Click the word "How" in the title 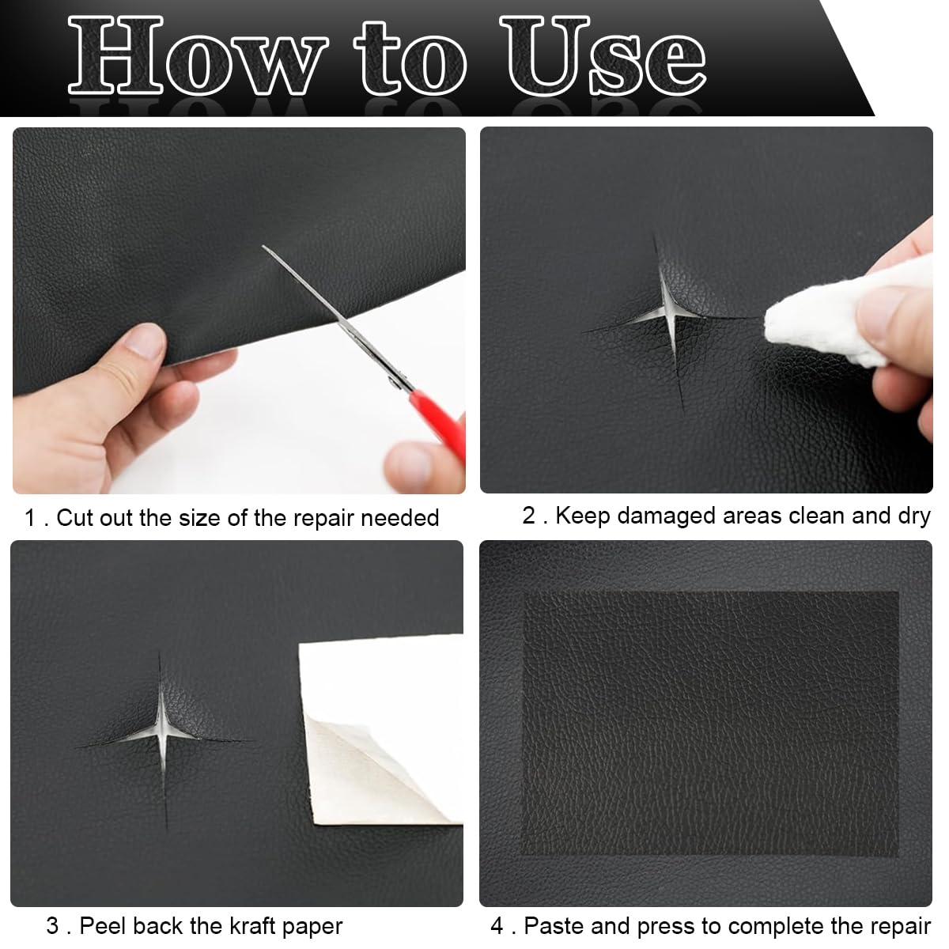(198, 55)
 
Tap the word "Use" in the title (603, 55)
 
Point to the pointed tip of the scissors (263, 246)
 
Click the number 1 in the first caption (29, 518)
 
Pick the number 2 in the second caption (528, 516)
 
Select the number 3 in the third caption (53, 926)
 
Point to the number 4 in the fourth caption (497, 926)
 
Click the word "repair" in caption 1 (322, 519)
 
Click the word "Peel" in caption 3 (103, 926)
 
